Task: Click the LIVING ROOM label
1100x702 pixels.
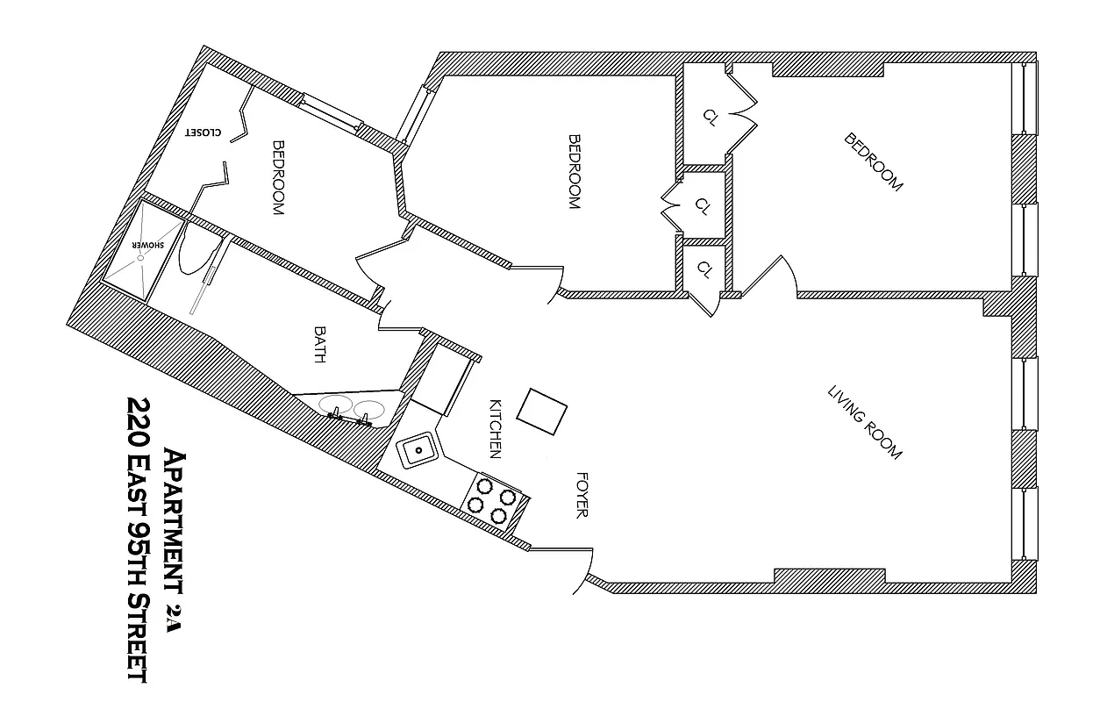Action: coord(865,422)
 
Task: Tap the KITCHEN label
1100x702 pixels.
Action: coord(495,429)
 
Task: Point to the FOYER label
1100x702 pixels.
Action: coord(581,495)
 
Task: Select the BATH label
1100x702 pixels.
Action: coord(321,345)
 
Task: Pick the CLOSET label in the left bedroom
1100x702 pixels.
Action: coord(203,133)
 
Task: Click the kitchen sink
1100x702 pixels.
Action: coord(420,450)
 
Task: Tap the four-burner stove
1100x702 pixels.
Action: coord(493,501)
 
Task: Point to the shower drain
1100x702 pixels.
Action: coord(139,257)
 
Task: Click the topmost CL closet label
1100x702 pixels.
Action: coord(710,118)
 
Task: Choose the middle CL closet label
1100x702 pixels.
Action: coord(702,205)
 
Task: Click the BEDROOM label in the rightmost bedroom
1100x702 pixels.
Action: coord(873,162)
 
